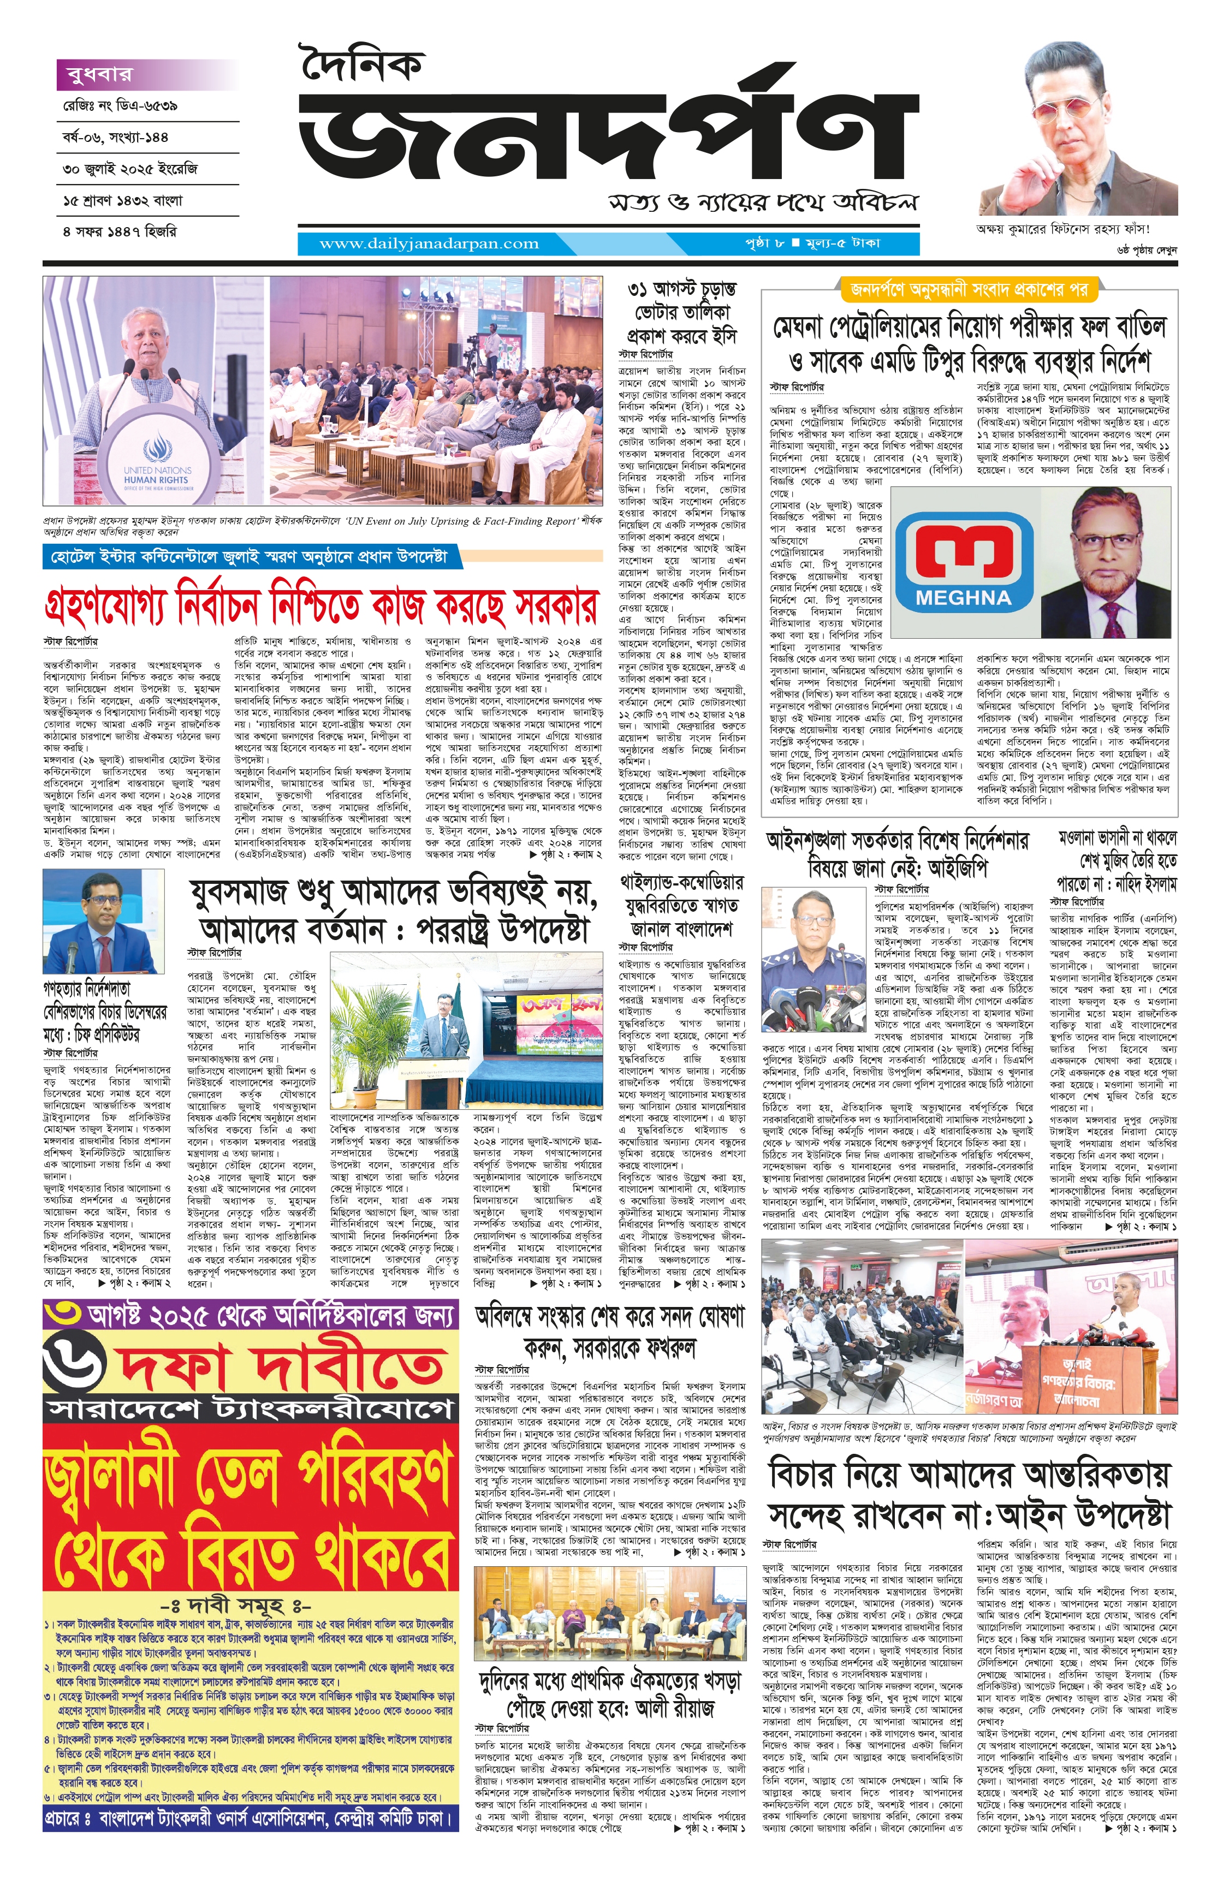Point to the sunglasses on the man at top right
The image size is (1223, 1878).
[1074, 110]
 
